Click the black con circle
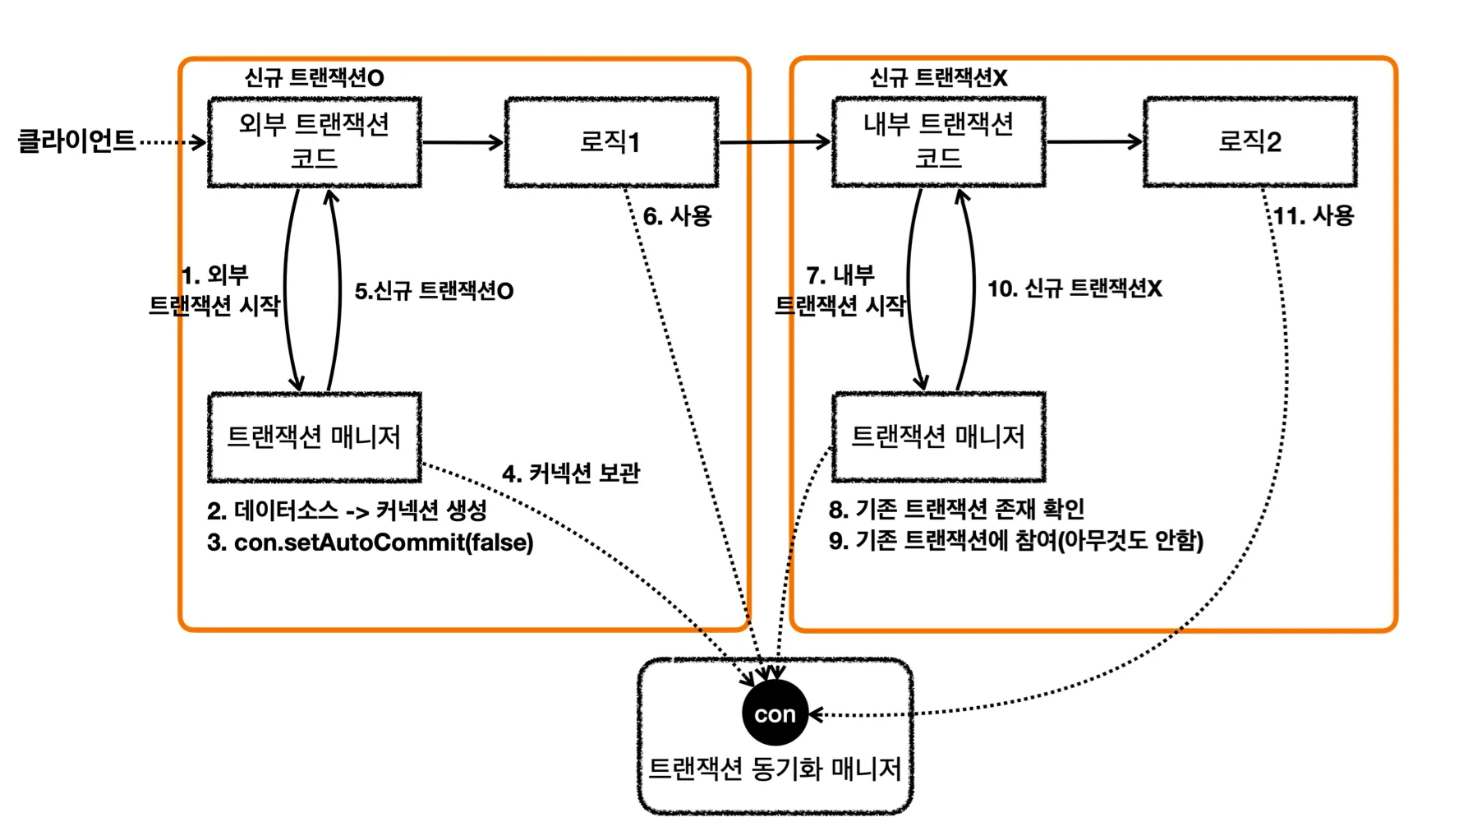click(775, 713)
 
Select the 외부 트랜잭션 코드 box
click(315, 142)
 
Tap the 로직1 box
click(611, 142)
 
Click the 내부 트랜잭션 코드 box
click(938, 142)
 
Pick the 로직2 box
click(1250, 142)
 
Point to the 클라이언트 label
click(76, 141)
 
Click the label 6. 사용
click(677, 216)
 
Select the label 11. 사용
click(1313, 216)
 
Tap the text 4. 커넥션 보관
click(571, 473)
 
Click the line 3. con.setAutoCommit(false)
click(371, 543)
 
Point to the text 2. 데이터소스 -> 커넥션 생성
click(347, 510)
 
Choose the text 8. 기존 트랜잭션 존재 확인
click(956, 510)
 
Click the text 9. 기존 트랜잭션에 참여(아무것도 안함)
click(1015, 541)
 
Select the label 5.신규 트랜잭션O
click(434, 291)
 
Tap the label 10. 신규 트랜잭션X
click(1075, 289)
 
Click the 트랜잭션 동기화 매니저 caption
click(775, 769)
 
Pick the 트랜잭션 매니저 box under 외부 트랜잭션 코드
click(315, 436)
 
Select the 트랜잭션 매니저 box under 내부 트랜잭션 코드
click(938, 436)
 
